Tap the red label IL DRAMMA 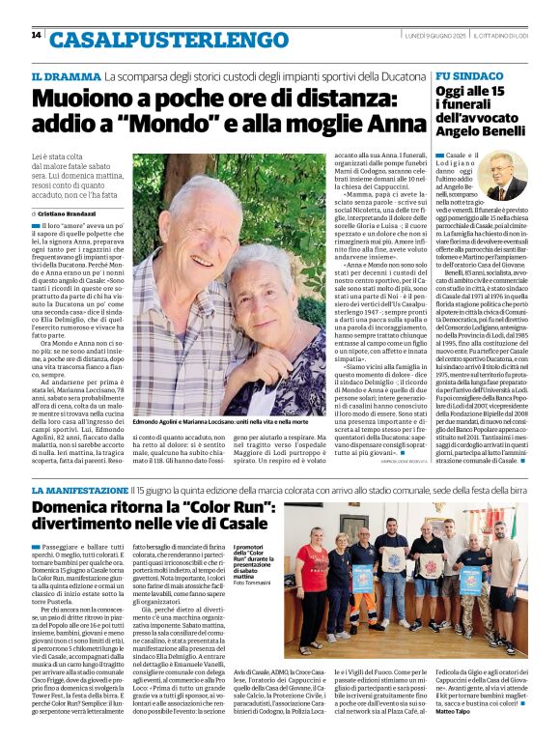click(66, 76)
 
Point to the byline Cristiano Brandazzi click(95, 213)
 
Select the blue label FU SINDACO click(468, 75)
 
